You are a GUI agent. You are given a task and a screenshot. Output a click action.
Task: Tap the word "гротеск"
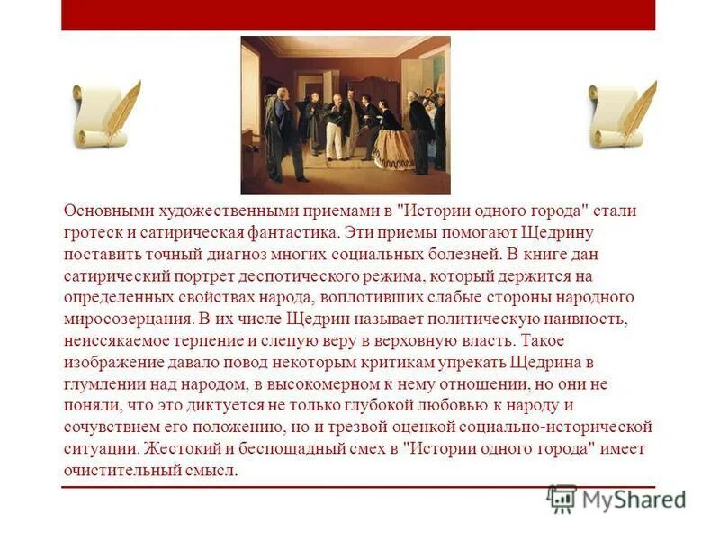(x=93, y=232)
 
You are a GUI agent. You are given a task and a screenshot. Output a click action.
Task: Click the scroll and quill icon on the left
(x=106, y=114)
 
